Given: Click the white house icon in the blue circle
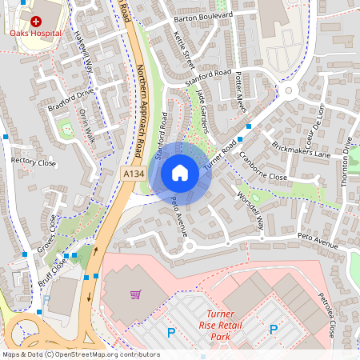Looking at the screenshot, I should pos(180,172).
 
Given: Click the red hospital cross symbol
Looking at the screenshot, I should pos(35,21).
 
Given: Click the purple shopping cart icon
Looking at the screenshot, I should pos(136,294).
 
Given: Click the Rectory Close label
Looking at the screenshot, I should pos(34,161).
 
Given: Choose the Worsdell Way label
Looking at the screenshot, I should pos(250,210).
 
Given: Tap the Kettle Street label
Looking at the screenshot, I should pos(184,49).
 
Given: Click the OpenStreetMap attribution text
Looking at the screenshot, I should pos(80,354).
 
